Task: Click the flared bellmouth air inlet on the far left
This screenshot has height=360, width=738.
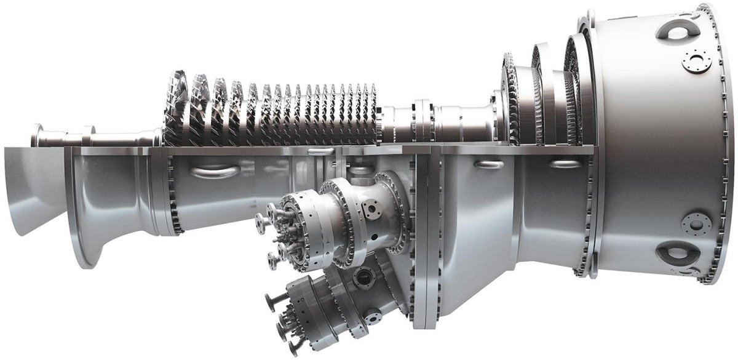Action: point(28,191)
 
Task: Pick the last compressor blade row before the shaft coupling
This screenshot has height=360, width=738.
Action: point(369,114)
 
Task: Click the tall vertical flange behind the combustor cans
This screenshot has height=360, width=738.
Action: point(424,246)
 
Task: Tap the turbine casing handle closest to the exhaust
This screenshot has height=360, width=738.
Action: point(565,164)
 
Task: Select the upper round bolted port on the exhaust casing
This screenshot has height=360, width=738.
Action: point(697,60)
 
